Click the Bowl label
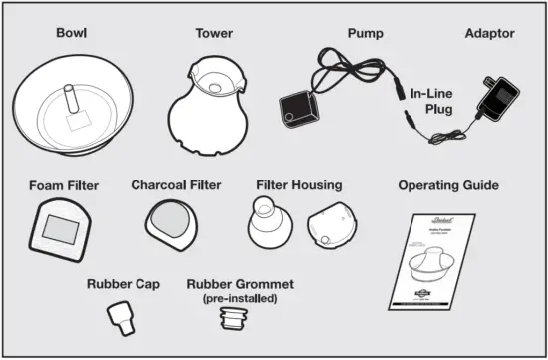tap(73, 33)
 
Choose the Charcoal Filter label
tap(176, 184)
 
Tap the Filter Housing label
tap(299, 185)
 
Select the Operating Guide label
tap(448, 185)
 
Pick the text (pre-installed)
tap(240, 297)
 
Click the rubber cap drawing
tap(121, 318)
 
